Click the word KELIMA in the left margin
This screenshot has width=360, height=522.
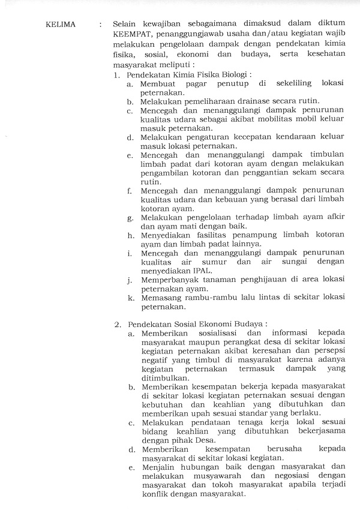(x=61, y=25)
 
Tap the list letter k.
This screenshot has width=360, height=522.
(x=130, y=297)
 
